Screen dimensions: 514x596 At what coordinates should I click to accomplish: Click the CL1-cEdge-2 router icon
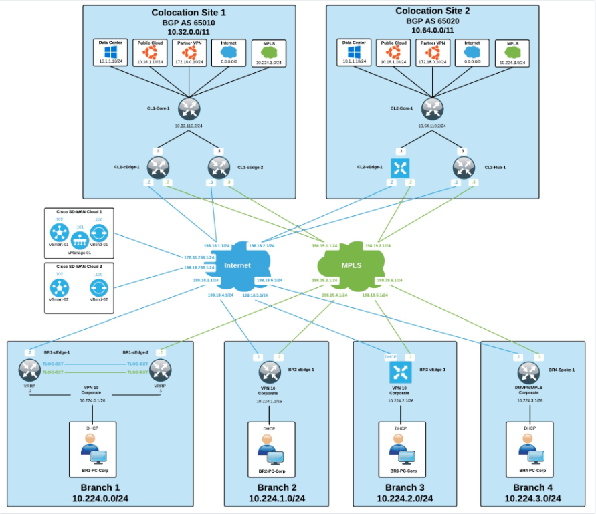click(219, 167)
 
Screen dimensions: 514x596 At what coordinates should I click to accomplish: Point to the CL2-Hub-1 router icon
click(462, 167)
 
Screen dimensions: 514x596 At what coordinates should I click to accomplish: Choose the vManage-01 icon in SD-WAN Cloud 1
click(80, 239)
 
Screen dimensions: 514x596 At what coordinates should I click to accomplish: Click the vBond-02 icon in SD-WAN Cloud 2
click(100, 287)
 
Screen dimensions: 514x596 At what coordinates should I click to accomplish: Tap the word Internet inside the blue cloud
click(237, 265)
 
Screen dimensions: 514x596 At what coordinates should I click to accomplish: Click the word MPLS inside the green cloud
click(351, 265)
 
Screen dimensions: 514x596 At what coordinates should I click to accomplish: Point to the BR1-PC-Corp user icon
click(93, 448)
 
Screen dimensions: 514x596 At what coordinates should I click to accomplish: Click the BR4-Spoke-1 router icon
click(528, 372)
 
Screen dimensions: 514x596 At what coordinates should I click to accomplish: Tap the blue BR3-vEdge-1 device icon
click(400, 372)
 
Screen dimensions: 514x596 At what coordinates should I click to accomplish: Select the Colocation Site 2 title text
click(433, 11)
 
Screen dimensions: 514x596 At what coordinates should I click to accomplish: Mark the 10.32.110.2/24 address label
click(189, 125)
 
